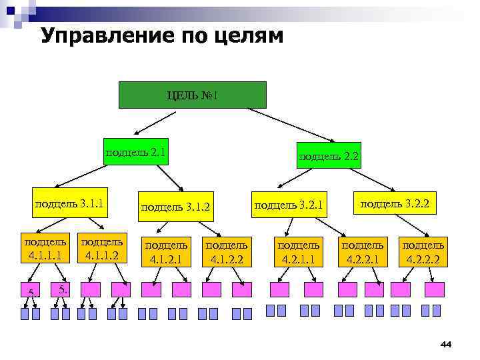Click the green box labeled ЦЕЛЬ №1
(x=192, y=95)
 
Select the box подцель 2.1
(x=136, y=153)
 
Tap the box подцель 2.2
(x=329, y=155)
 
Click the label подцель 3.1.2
(x=175, y=207)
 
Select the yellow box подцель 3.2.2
(x=395, y=202)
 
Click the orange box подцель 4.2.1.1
(x=299, y=251)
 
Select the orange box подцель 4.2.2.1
(x=363, y=251)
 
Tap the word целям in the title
(x=244, y=36)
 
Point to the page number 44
(x=446, y=344)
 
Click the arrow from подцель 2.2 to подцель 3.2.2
(x=367, y=179)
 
